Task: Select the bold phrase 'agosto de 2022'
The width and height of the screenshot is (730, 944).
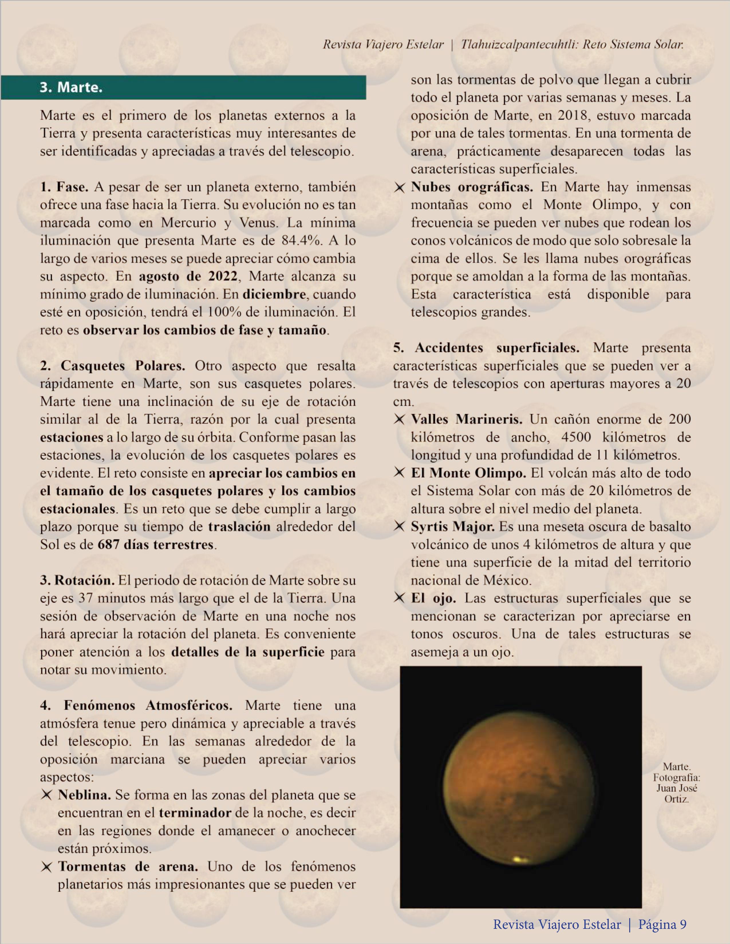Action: click(188, 276)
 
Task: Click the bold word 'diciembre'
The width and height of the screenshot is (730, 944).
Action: click(274, 294)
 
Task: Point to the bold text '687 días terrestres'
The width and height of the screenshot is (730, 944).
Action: click(156, 544)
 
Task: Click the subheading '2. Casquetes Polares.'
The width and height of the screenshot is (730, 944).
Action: click(113, 366)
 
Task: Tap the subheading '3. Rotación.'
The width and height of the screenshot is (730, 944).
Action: click(78, 580)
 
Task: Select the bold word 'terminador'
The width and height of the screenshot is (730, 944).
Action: click(195, 813)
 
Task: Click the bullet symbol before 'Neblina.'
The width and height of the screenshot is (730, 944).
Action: click(46, 795)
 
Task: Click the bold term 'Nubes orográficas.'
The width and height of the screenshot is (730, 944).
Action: click(472, 187)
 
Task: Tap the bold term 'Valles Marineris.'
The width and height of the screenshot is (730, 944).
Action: click(466, 419)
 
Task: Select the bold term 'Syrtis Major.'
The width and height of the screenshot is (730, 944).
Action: click(453, 526)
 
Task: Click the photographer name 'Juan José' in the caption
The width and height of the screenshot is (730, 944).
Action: click(676, 788)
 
